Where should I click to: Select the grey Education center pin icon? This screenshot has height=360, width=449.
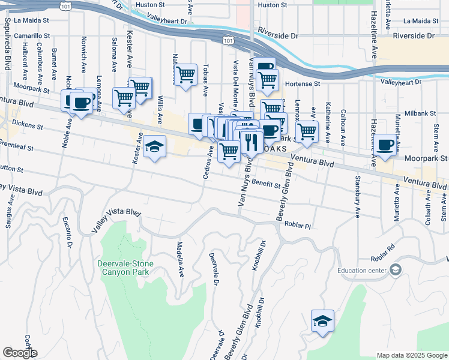point(395,270)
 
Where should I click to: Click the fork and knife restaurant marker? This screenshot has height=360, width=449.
point(250,143)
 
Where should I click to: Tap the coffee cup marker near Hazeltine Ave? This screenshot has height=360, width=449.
point(387,145)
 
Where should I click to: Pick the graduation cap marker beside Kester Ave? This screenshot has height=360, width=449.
point(154,147)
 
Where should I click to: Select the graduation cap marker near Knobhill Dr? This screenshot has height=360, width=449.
point(322,320)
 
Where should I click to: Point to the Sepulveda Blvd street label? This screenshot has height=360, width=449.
point(7,36)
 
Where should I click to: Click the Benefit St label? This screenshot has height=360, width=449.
point(266,182)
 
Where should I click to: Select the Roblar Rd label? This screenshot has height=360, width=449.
point(382,248)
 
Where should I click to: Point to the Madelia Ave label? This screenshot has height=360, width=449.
point(179,259)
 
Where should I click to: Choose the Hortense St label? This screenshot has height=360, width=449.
point(301,84)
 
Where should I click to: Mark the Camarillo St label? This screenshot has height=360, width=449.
point(31,36)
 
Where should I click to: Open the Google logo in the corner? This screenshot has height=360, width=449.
point(20,353)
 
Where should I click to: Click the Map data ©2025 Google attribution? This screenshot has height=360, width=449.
point(411,355)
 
